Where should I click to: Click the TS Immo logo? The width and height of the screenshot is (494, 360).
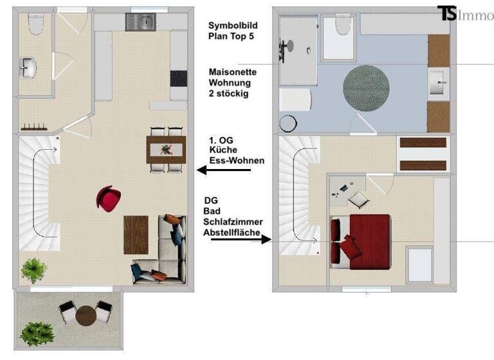465,14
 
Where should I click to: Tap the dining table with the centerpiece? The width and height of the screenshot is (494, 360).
167,150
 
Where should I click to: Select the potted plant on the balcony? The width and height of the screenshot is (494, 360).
37,333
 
